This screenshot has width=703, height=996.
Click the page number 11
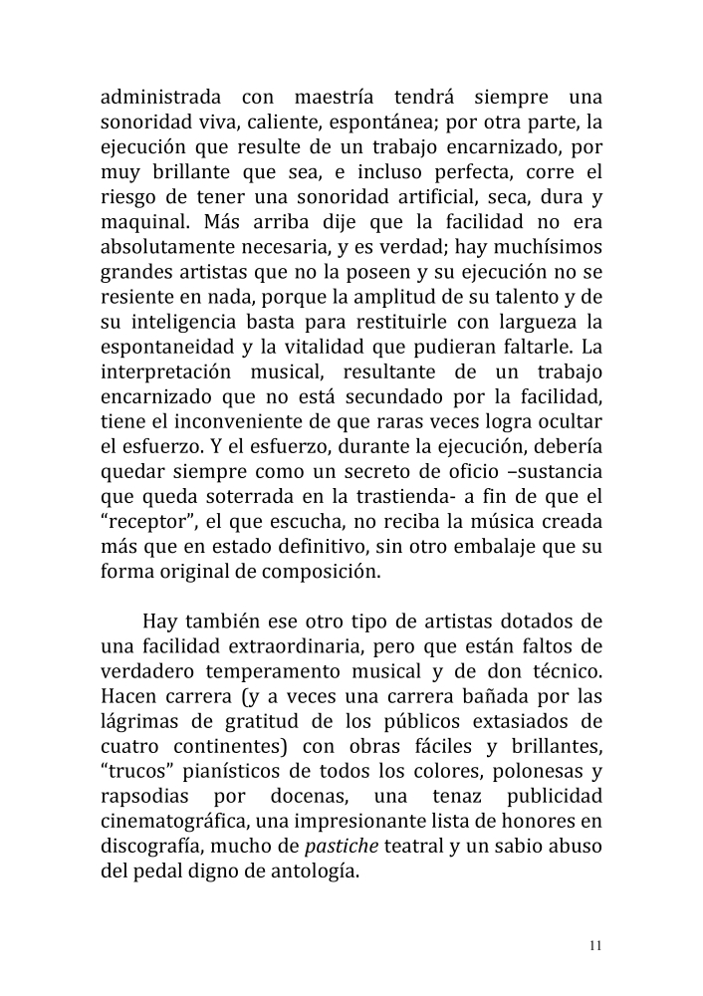click(x=594, y=945)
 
